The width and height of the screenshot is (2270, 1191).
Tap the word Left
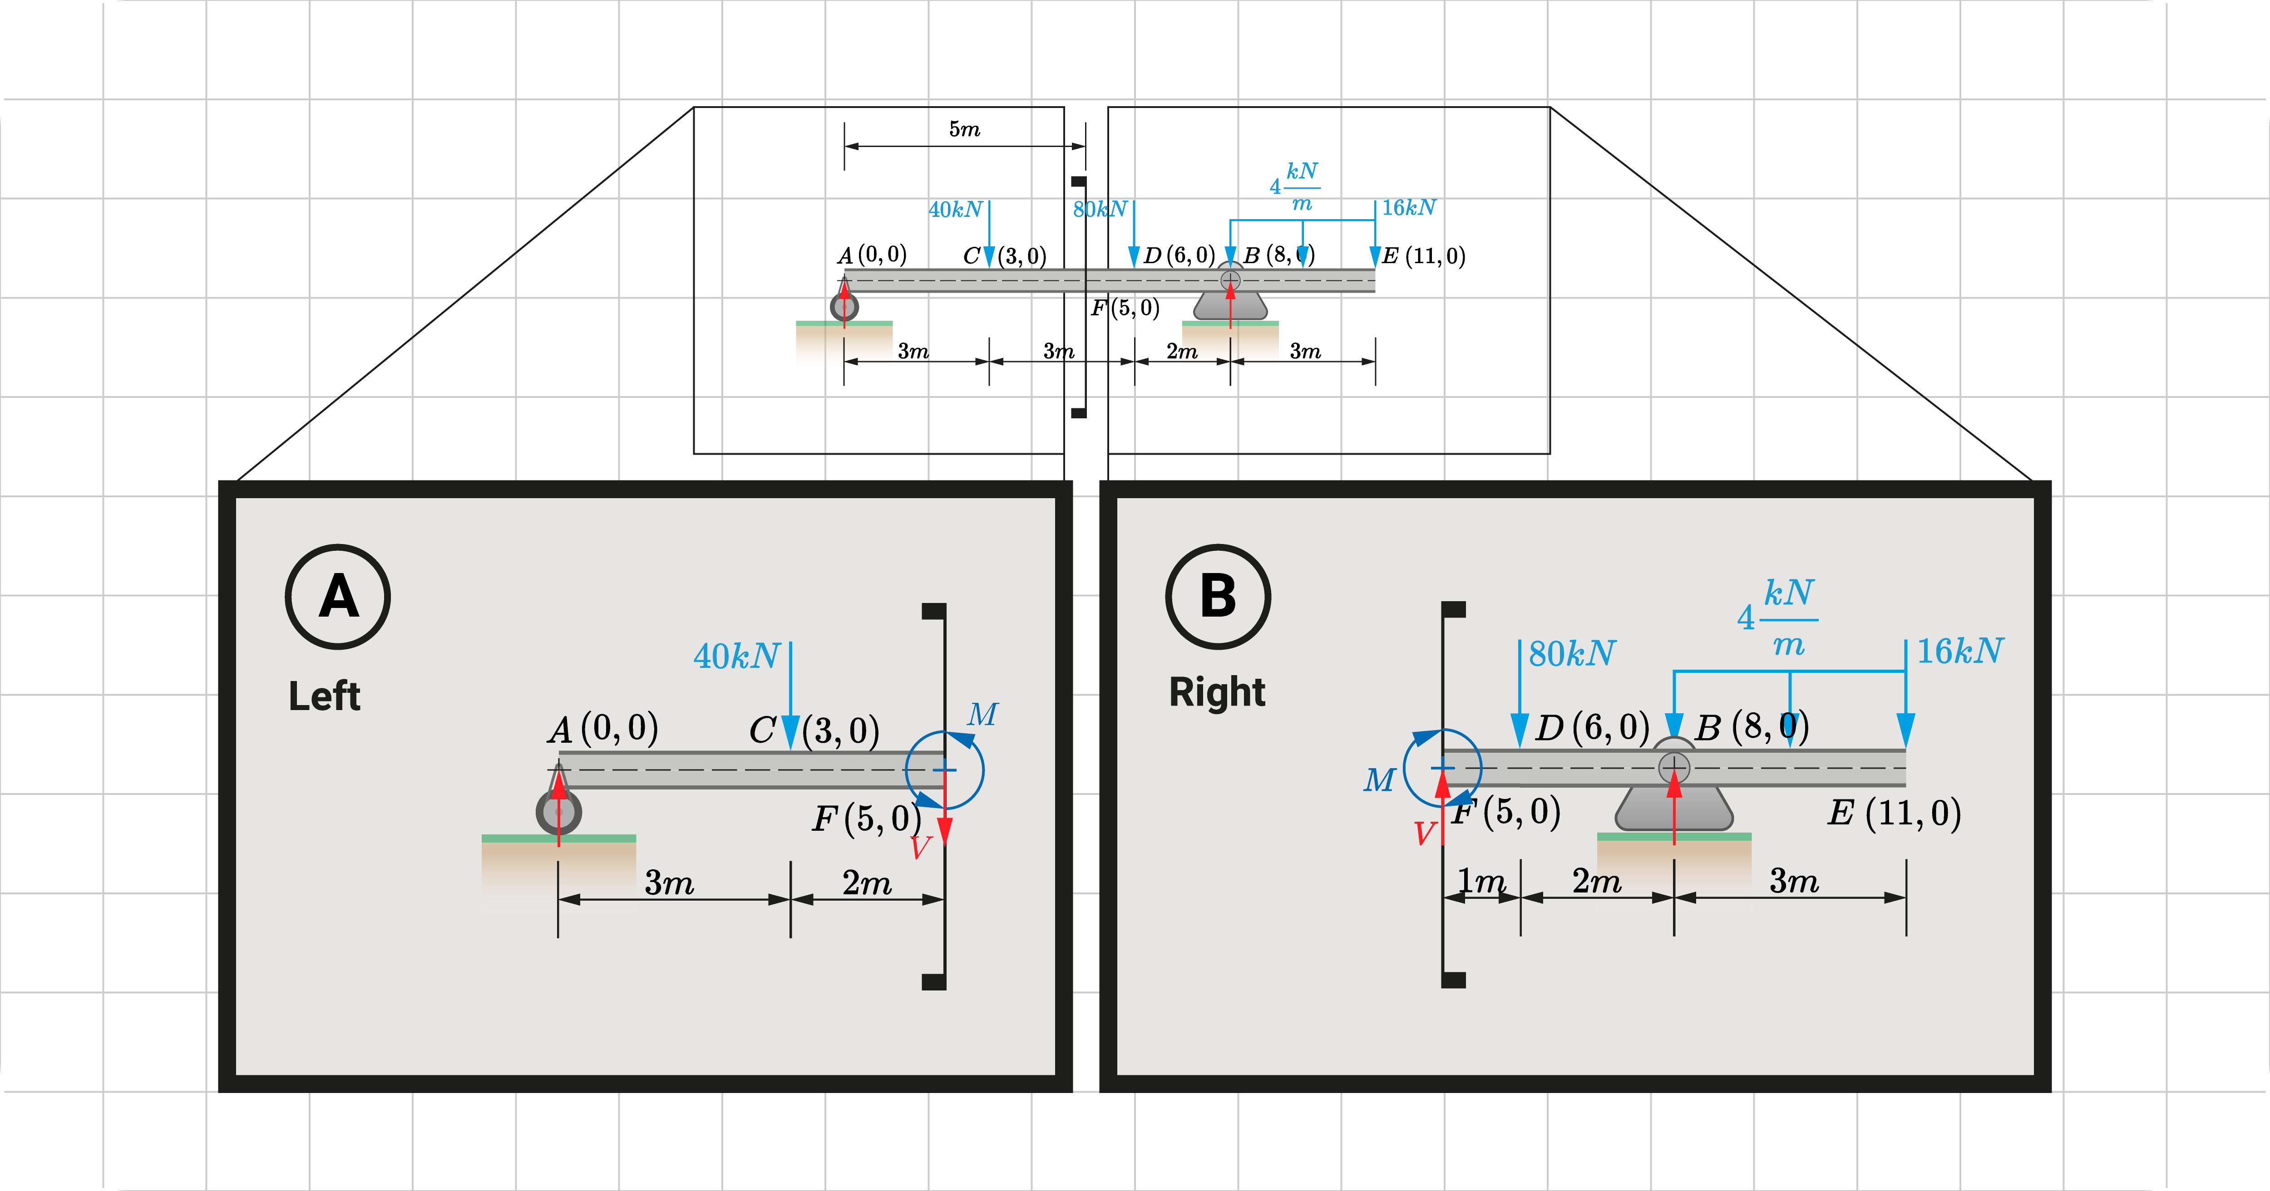coord(324,696)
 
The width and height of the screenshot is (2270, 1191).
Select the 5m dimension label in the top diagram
coord(964,129)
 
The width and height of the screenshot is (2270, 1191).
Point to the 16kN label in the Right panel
coord(1960,651)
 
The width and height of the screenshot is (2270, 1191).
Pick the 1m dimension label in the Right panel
coord(1480,880)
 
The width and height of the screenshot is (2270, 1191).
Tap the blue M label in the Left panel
coord(982,714)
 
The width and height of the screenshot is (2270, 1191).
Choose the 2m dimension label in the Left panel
coord(866,882)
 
